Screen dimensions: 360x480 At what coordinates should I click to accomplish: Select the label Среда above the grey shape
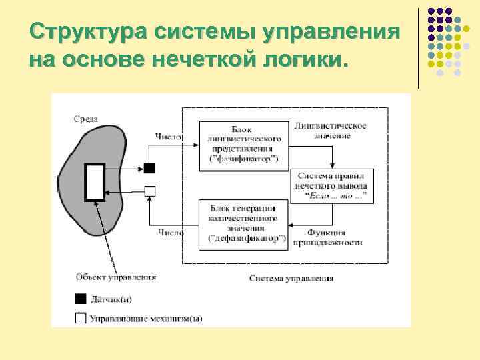pyautogui.click(x=86, y=119)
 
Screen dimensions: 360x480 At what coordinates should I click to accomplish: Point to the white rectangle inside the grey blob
pyautogui.click(x=94, y=182)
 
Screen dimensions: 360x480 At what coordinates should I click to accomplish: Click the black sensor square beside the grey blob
pyautogui.click(x=150, y=168)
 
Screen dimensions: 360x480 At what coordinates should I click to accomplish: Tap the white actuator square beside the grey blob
pyautogui.click(x=150, y=191)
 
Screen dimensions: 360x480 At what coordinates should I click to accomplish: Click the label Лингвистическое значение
pyautogui.click(x=330, y=130)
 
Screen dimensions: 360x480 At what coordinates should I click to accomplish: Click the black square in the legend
pyautogui.click(x=81, y=298)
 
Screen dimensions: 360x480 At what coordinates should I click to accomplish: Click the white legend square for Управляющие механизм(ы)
pyautogui.click(x=81, y=318)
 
